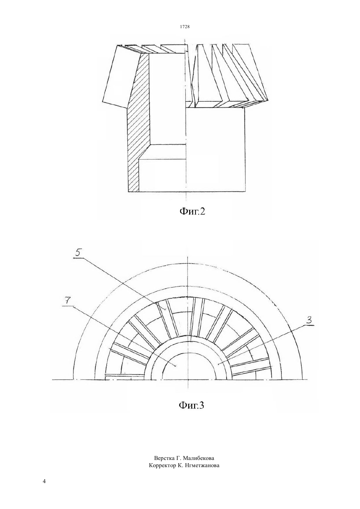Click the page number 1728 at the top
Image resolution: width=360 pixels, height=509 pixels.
pos(185,26)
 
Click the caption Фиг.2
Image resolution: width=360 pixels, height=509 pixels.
pos(192,211)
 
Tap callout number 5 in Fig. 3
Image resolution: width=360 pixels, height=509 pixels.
pos(78,254)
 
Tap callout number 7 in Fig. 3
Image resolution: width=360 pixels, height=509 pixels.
pos(66,301)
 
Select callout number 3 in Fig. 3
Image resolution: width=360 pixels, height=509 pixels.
pos(308,321)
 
